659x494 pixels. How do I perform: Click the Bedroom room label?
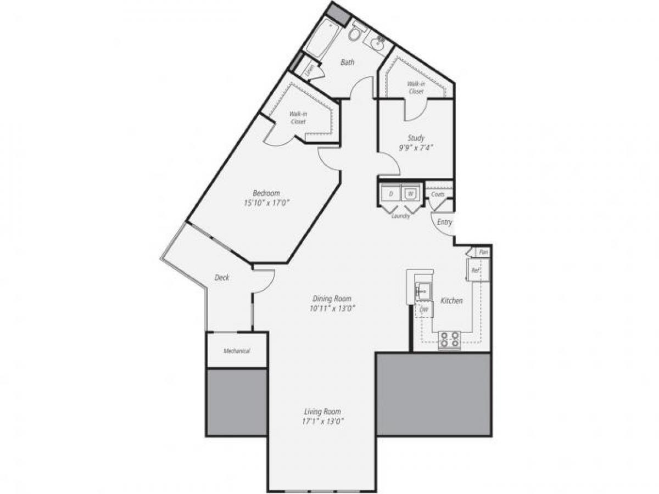tap(266, 193)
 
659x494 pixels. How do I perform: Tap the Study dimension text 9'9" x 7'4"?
tap(416, 147)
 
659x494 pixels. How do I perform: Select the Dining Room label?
tap(332, 299)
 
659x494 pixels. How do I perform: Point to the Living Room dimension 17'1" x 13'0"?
tap(324, 422)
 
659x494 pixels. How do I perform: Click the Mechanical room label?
tap(237, 351)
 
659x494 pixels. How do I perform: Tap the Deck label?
tap(222, 278)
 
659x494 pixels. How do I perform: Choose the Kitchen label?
tap(451, 301)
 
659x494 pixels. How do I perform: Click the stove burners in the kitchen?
tap(449, 340)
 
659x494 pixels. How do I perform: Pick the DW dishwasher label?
tap(424, 310)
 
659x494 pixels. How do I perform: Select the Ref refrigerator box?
tap(474, 270)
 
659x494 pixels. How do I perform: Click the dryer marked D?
tap(391, 194)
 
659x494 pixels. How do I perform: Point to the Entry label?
tap(445, 222)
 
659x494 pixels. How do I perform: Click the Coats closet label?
tap(438, 194)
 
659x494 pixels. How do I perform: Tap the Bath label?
tap(347, 62)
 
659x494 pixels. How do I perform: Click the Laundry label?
tap(401, 216)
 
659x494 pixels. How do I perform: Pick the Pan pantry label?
tap(483, 252)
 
